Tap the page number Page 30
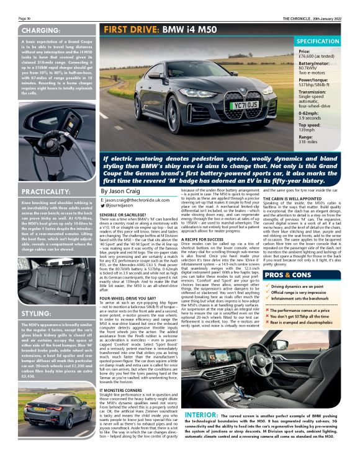pyautogui.click(x=25, y=19)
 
